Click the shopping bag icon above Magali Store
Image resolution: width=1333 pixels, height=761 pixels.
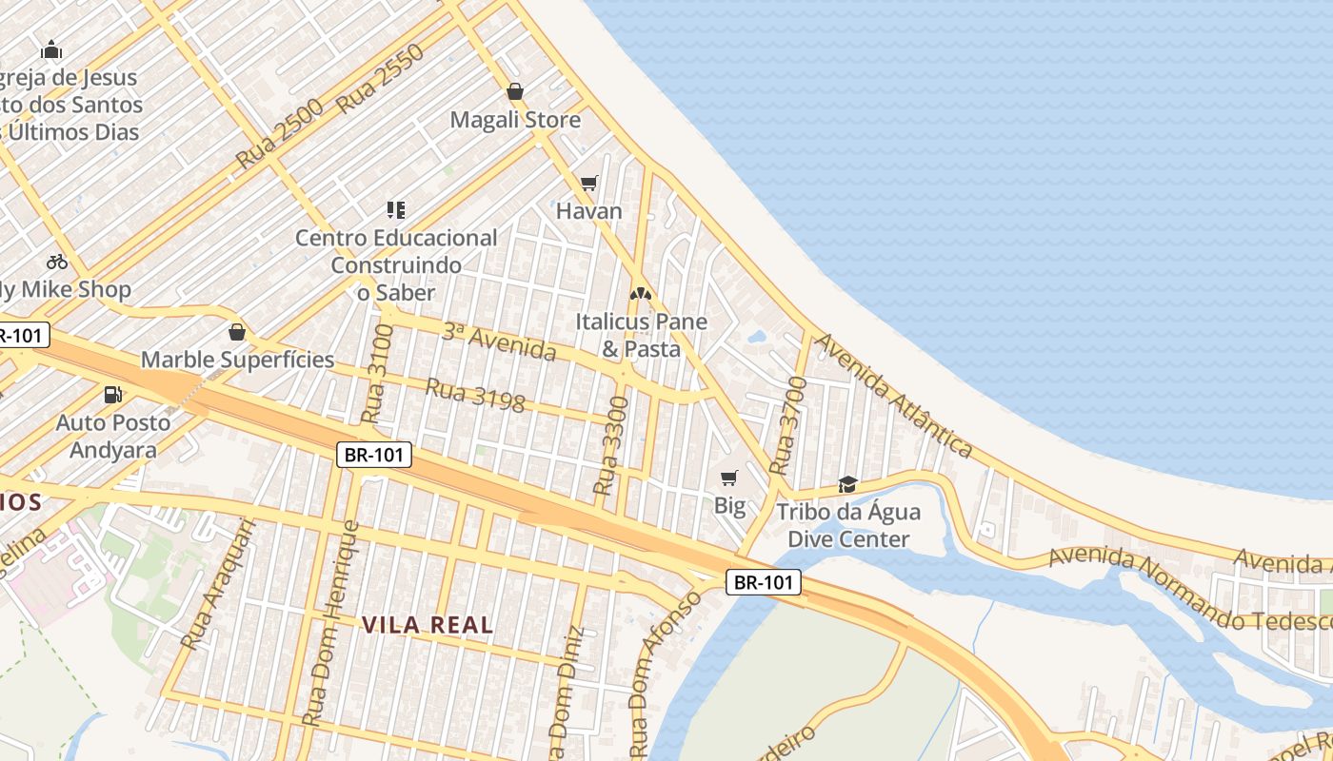tap(515, 91)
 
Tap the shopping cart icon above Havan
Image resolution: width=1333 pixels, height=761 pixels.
tap(589, 183)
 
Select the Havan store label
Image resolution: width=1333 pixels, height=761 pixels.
tap(588, 211)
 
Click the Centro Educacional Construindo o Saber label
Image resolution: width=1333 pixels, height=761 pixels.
tap(396, 264)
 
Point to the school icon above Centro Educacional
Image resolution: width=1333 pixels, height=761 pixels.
tap(396, 209)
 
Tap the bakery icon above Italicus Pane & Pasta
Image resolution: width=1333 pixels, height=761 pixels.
tap(641, 293)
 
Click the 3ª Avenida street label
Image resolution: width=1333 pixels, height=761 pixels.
tap(499, 341)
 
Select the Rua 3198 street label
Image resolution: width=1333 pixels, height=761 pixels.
tap(474, 396)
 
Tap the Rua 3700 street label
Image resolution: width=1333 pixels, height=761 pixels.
tap(787, 426)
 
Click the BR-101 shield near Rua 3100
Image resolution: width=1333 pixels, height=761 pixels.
tap(375, 455)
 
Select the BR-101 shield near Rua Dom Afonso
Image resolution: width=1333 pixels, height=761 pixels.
tap(764, 582)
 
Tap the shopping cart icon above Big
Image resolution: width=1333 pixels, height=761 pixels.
tap(729, 478)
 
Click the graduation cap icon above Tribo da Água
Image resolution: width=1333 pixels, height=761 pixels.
tap(847, 485)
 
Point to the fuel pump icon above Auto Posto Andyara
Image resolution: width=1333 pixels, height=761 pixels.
tap(112, 394)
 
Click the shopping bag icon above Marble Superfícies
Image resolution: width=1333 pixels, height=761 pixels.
tap(237, 332)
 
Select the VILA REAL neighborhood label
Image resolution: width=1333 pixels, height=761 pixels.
tap(428, 625)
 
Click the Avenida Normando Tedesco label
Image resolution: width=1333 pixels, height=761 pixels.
tap(1190, 589)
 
